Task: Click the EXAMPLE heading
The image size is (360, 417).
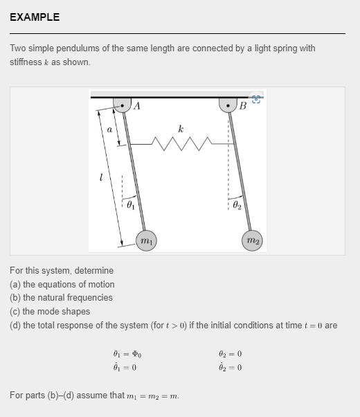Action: [35, 17]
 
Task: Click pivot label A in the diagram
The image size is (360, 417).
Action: [137, 106]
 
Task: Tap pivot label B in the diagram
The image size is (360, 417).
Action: [242, 106]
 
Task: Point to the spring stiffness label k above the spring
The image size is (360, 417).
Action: [180, 128]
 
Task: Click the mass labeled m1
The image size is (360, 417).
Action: [146, 240]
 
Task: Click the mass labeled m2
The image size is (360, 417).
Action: [253, 240]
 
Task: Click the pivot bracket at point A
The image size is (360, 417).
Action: [122, 105]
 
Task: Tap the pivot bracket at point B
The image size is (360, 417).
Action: [228, 105]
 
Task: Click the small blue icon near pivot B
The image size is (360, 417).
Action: [255, 99]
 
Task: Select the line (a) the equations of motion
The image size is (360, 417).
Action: [62, 284]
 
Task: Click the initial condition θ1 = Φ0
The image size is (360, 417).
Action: [125, 354]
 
